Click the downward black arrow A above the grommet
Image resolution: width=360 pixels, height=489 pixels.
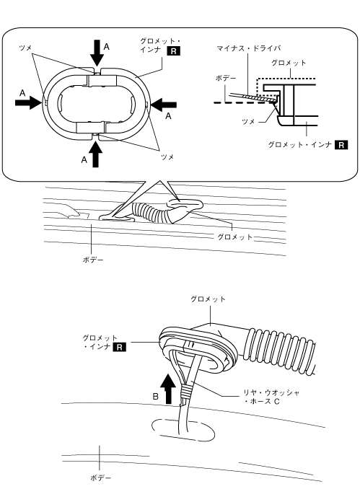(x=97, y=53)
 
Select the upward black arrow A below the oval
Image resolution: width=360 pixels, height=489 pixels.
(x=95, y=154)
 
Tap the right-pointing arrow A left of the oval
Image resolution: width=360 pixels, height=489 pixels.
(x=28, y=102)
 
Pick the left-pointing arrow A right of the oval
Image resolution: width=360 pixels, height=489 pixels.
(x=164, y=105)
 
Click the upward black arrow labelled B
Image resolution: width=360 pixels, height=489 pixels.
(x=170, y=389)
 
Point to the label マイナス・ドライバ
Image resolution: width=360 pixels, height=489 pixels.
(x=249, y=48)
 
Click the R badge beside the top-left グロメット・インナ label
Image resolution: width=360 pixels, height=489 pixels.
(x=174, y=50)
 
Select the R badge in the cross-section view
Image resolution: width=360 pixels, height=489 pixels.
(x=341, y=145)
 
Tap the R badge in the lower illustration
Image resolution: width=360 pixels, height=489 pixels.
(x=120, y=347)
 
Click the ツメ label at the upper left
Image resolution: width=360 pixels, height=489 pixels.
(x=25, y=48)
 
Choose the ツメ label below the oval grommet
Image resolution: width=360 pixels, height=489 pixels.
(x=167, y=157)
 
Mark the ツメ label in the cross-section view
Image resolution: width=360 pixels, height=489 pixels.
(x=248, y=121)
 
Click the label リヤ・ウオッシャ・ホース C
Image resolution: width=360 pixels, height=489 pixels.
(x=271, y=397)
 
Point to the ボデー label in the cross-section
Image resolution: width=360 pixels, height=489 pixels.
(x=226, y=78)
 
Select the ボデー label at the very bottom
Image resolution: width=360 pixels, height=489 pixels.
(x=100, y=477)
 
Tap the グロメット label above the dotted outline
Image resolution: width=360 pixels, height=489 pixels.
(x=289, y=63)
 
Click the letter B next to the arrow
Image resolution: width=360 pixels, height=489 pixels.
(x=156, y=397)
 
